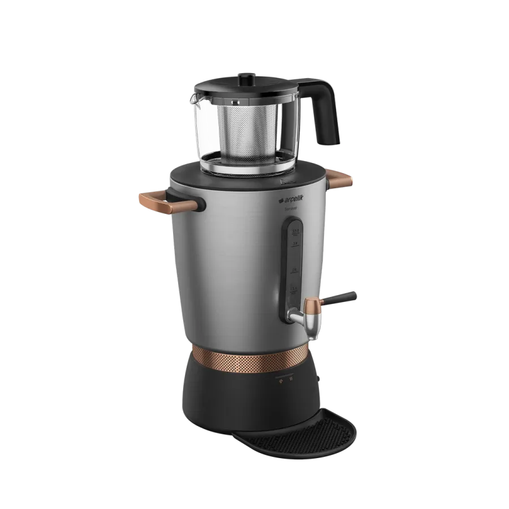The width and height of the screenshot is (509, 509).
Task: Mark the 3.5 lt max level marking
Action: pos(295,232)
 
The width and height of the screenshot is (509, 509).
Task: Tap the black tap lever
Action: pos(342,297)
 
